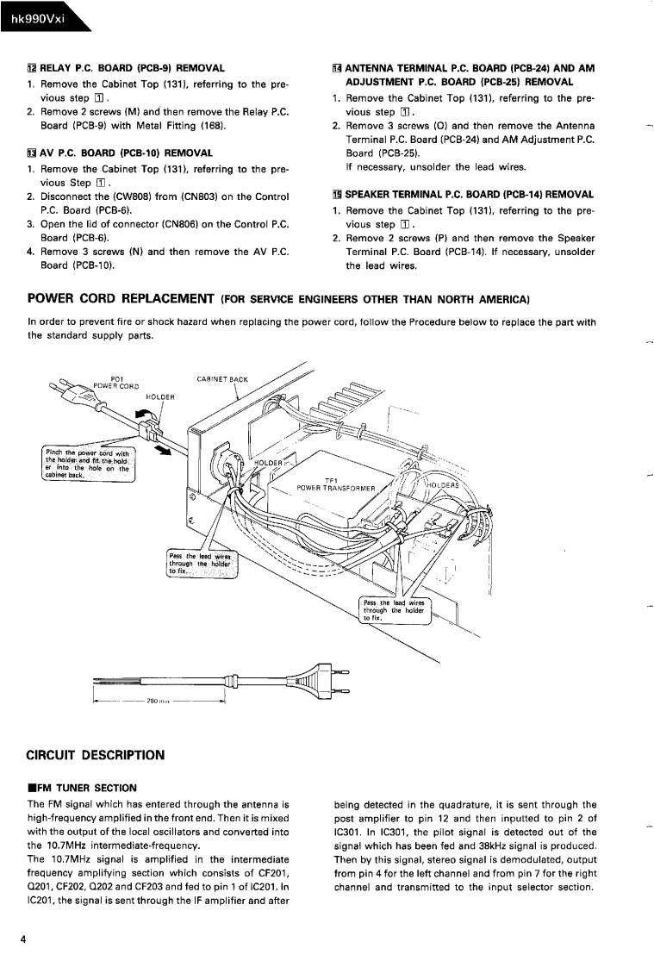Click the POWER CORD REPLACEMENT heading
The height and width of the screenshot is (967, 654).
click(x=121, y=299)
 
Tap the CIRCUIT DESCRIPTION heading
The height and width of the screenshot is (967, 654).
click(x=96, y=755)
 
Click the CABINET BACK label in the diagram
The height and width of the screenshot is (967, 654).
click(x=222, y=378)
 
